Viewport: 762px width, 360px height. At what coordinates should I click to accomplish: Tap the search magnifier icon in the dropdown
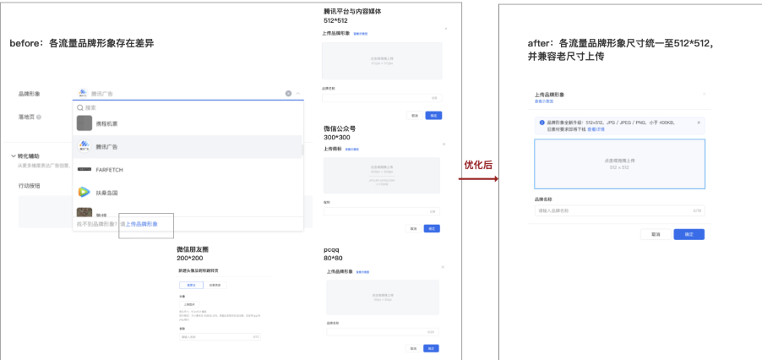point(80,107)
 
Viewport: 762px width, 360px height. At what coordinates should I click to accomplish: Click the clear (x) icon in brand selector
point(288,93)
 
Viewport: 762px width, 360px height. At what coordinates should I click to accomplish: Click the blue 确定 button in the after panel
point(689,234)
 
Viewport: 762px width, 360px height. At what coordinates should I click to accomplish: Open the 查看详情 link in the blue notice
point(596,129)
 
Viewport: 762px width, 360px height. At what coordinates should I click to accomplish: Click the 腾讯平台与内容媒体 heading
point(352,12)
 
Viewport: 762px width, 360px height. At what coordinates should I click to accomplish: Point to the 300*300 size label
point(335,137)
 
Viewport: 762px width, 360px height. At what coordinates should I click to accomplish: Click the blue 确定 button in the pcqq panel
point(432,348)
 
